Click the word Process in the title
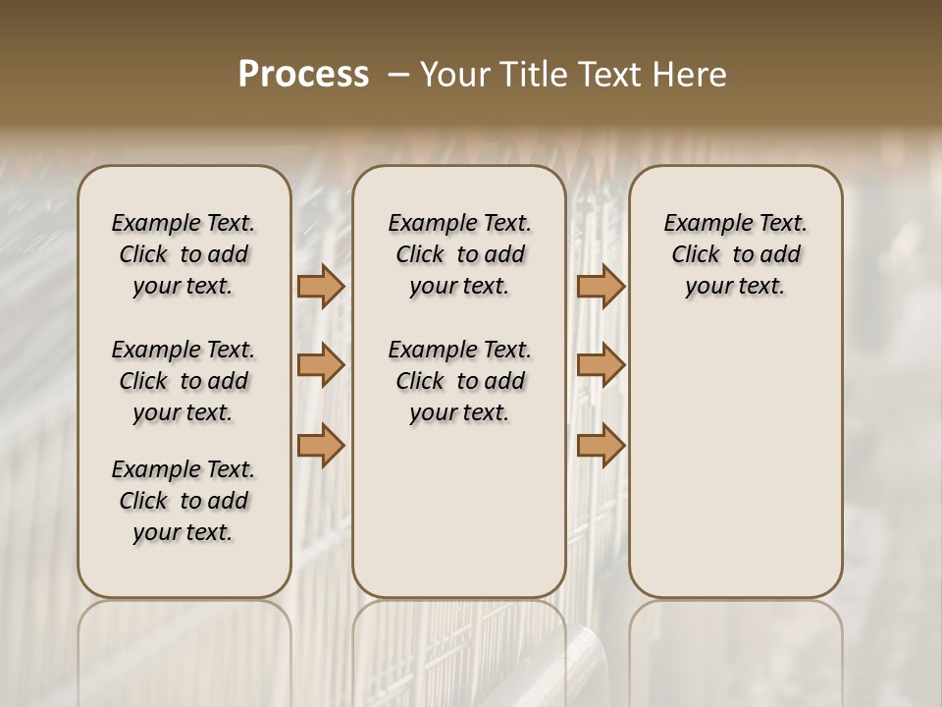click(x=303, y=75)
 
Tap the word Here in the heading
click(x=690, y=75)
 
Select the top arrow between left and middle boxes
click(x=321, y=286)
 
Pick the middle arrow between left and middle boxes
click(x=321, y=365)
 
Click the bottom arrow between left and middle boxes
click(x=321, y=445)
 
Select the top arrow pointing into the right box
click(x=601, y=286)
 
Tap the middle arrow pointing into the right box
click(x=601, y=365)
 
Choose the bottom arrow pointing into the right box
click(x=601, y=445)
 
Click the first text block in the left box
click(x=183, y=254)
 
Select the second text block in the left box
click(x=183, y=381)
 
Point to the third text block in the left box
click(x=183, y=501)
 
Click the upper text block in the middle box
click(x=459, y=254)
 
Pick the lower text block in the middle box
click(x=459, y=381)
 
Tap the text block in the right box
click(x=735, y=254)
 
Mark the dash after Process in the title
click(x=397, y=75)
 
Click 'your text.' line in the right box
click(x=735, y=287)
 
